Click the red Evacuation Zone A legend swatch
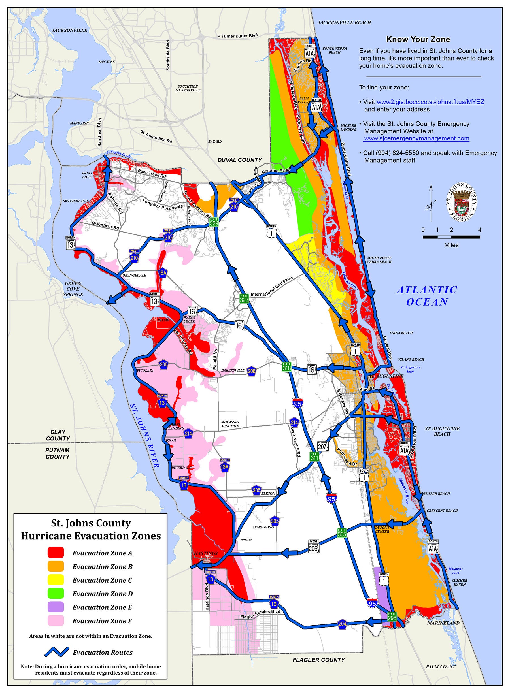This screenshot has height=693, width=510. click(56, 552)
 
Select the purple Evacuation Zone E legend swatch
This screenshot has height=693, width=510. click(56, 607)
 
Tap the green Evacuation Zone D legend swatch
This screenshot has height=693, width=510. click(56, 593)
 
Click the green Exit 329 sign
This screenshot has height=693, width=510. click(214, 222)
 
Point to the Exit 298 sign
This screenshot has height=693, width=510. click(392, 617)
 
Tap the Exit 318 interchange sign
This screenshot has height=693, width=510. click(287, 366)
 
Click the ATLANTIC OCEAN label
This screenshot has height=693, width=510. click(427, 296)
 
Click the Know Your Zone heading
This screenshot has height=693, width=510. click(418, 39)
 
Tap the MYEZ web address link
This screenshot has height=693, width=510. click(430, 102)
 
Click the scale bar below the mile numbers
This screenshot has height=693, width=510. click(451, 237)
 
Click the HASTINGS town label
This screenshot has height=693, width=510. click(206, 553)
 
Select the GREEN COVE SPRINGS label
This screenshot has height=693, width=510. click(73, 289)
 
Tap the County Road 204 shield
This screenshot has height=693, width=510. click(342, 623)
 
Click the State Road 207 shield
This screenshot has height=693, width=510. click(322, 446)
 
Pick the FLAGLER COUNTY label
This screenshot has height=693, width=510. click(318, 660)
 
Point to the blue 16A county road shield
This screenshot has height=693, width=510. click(163, 272)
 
